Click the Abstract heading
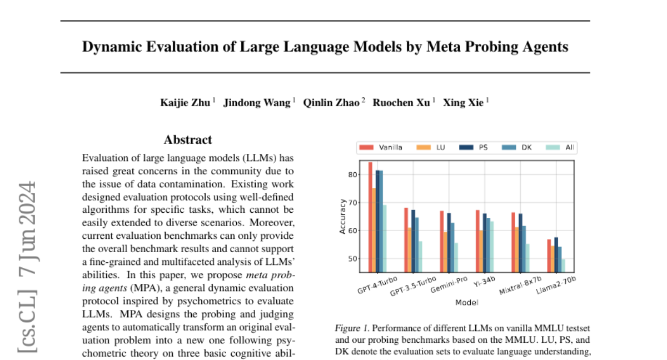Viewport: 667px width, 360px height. point(188,140)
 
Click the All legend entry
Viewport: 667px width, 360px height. point(569,148)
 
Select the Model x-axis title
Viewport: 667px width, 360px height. point(467,303)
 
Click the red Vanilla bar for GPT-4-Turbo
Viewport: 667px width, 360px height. point(370,217)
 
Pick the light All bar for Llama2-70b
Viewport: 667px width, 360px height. point(564,266)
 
